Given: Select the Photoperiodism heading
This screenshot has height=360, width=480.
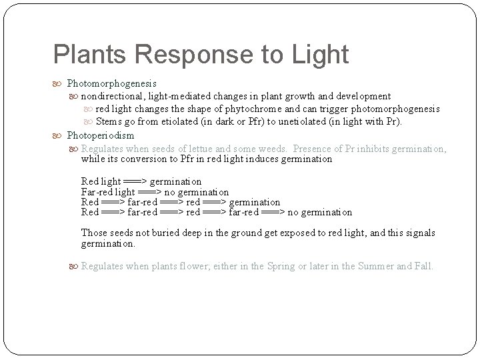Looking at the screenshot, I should pyautogui.click(x=101, y=135).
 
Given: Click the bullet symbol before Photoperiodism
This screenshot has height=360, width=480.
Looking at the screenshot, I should pyautogui.click(x=59, y=135).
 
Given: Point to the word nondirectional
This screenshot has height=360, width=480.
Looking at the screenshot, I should pyautogui.click(x=114, y=96).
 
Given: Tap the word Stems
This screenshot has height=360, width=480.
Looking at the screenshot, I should pyautogui.click(x=109, y=122).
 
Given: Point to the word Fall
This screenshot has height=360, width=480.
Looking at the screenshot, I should pyautogui.click(x=424, y=266).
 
